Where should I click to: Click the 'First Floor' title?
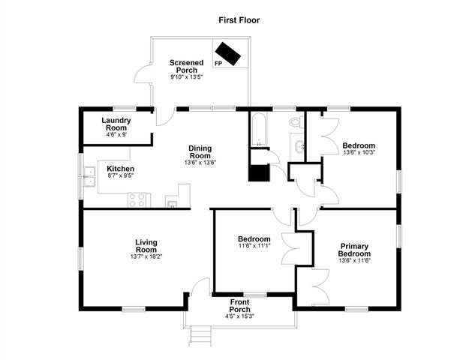(239, 20)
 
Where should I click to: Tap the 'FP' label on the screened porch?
(218, 64)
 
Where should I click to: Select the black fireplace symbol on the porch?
(227, 53)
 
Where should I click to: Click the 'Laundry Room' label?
(117, 124)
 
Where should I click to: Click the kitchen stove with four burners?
(137, 199)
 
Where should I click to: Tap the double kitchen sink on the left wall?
(89, 177)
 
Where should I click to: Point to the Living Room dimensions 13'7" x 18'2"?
(146, 257)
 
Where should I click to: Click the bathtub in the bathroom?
(259, 129)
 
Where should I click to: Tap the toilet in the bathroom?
(295, 121)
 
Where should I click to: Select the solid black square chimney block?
(259, 172)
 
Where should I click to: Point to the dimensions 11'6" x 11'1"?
(254, 245)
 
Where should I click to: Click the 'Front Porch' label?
(239, 305)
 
